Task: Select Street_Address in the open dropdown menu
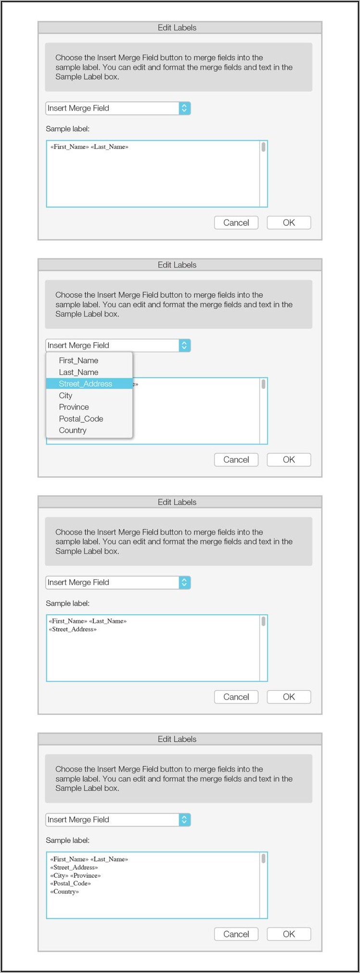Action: click(85, 384)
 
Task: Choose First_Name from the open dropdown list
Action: click(78, 361)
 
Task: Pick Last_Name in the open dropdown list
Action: click(78, 372)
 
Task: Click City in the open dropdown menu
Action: click(65, 396)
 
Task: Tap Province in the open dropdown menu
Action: click(74, 407)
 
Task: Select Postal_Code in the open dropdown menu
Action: click(81, 419)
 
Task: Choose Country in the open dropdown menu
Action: click(73, 430)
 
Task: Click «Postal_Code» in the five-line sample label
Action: click(70, 883)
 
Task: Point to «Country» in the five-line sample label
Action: click(64, 892)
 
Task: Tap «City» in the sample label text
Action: click(59, 875)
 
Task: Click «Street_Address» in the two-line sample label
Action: click(73, 629)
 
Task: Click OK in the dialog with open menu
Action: click(289, 460)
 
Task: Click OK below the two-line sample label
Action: click(289, 697)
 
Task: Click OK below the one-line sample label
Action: click(289, 222)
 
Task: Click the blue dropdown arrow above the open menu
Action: click(184, 345)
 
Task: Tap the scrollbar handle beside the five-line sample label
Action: click(263, 858)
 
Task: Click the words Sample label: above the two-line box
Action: click(67, 603)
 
